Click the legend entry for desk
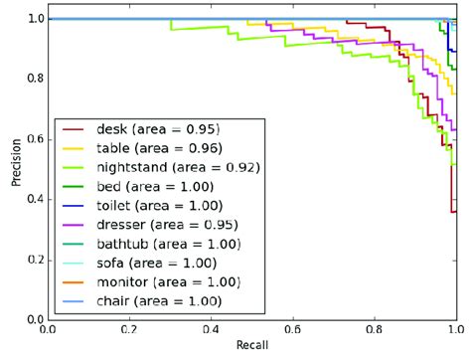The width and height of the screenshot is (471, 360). (158, 129)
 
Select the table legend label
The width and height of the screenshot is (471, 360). (159, 148)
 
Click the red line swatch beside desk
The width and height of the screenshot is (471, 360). (75, 130)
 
